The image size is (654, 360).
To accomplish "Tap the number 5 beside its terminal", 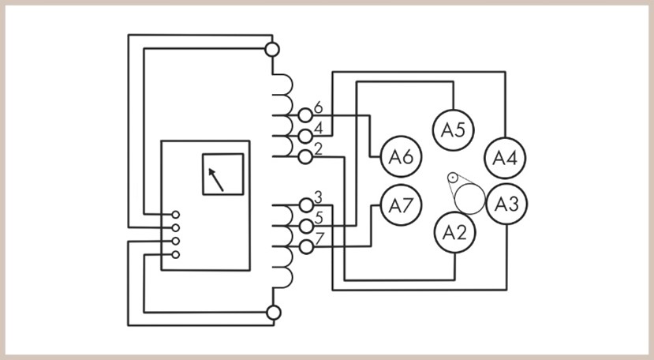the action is click(319, 218).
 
